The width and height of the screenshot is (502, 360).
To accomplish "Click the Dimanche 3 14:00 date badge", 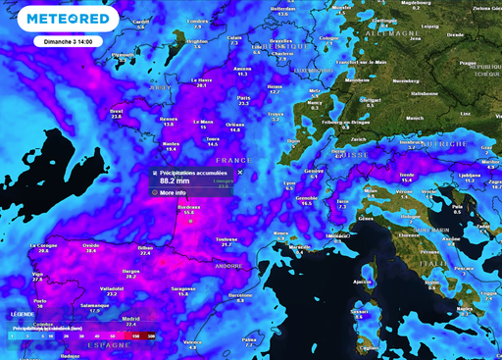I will tap(65, 42).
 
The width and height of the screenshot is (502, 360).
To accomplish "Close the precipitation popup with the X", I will tap(239, 172).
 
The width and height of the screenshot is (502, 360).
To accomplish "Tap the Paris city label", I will tap(243, 98).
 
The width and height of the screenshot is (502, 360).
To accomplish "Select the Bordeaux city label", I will tap(188, 208).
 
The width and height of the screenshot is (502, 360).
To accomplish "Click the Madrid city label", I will tap(131, 318).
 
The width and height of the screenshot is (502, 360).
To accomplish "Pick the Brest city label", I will tap(117, 112).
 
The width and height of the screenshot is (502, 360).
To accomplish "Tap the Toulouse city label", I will tap(227, 238).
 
